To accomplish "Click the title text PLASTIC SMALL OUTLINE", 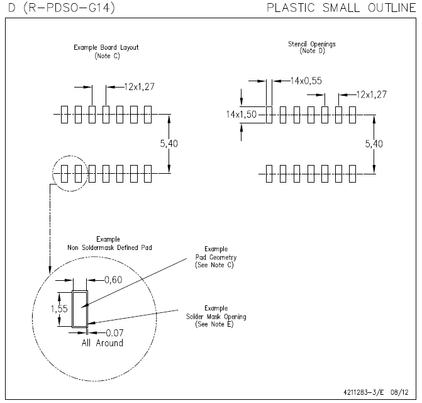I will pyautogui.click(x=340, y=8).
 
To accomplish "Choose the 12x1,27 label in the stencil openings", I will pyautogui.click(x=371, y=94).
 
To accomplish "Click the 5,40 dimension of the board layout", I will pyautogui.click(x=169, y=144).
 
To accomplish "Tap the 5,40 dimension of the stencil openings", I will pyautogui.click(x=374, y=144).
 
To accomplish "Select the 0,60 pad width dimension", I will pyautogui.click(x=113, y=280).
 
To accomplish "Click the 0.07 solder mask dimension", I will pyautogui.click(x=113, y=332).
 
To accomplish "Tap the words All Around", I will pyautogui.click(x=102, y=343).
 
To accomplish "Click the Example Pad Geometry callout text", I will pyautogui.click(x=216, y=258).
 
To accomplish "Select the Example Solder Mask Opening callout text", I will pyautogui.click(x=216, y=316).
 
